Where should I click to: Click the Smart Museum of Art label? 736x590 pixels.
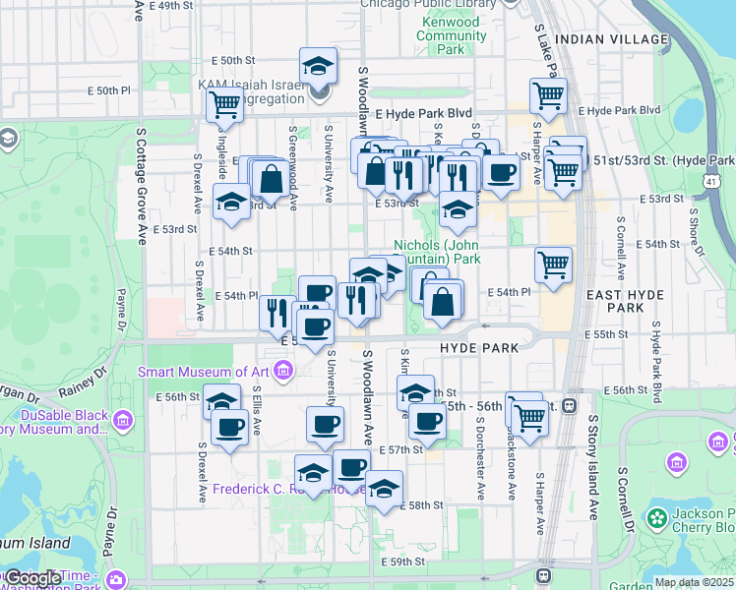click(x=203, y=372)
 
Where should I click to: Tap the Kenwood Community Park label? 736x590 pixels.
click(x=452, y=35)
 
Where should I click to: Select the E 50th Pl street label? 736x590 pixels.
click(x=109, y=90)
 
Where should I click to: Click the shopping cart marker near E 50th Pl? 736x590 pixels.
click(x=224, y=103)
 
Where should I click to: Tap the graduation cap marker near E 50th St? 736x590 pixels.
click(x=318, y=67)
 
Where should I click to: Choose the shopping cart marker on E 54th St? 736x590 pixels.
click(x=554, y=264)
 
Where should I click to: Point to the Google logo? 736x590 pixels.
click(x=31, y=578)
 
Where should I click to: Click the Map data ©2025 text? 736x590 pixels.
click(x=694, y=582)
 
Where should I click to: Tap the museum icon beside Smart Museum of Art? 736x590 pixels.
click(x=284, y=371)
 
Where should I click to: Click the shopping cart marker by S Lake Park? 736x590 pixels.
click(x=548, y=96)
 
